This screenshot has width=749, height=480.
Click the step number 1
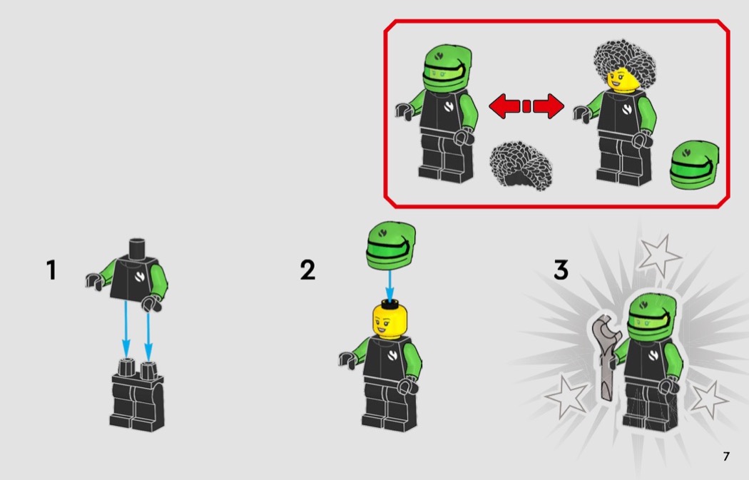pos(51,270)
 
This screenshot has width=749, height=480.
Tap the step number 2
pos(307,270)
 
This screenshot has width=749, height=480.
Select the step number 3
pos(561,270)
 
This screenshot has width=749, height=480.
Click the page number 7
pos(726,456)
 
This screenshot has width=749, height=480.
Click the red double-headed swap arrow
pos(526,106)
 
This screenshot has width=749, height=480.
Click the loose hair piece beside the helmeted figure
pos(521,165)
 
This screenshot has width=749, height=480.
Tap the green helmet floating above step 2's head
pos(390,245)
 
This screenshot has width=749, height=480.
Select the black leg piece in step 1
pos(137,394)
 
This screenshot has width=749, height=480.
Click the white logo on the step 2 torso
pos(392,354)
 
